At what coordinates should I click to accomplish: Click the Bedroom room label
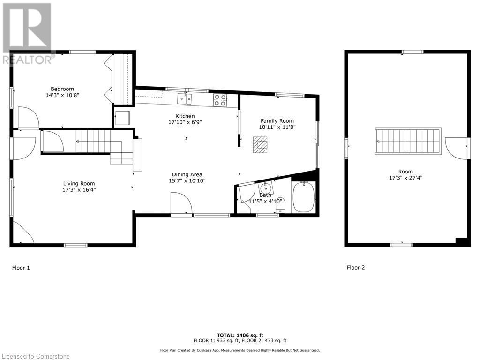click(62, 89)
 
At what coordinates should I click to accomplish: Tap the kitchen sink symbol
click(184, 98)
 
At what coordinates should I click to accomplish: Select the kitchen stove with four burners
click(220, 99)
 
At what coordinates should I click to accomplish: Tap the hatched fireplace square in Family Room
click(260, 145)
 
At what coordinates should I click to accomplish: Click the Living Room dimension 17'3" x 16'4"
click(79, 190)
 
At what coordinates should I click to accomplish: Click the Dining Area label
click(187, 174)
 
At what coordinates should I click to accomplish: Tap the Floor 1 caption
click(21, 268)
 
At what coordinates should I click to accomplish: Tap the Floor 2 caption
click(356, 268)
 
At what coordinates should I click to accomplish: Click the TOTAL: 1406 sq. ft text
click(240, 335)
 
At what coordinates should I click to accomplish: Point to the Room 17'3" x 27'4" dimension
click(405, 178)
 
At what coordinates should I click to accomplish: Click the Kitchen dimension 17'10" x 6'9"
click(185, 122)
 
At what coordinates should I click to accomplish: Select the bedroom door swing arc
click(27, 117)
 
